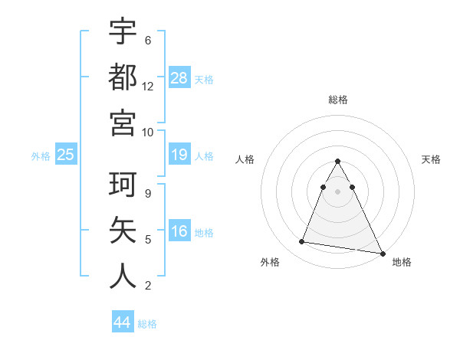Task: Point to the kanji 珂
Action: tap(123, 186)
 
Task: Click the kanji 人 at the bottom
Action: tap(123, 276)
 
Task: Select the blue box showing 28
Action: tap(179, 77)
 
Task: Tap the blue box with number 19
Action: tap(179, 155)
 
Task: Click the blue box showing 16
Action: tap(179, 232)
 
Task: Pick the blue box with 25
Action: tap(65, 155)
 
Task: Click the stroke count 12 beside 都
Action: tap(148, 86)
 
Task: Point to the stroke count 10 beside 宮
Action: tap(148, 131)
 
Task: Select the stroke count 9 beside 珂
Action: tap(148, 195)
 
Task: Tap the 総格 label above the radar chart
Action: tap(337, 100)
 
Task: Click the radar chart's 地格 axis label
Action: tap(402, 262)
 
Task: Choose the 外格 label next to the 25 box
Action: tap(41, 156)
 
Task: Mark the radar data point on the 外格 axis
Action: tap(302, 242)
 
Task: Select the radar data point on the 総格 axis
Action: tap(337, 162)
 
